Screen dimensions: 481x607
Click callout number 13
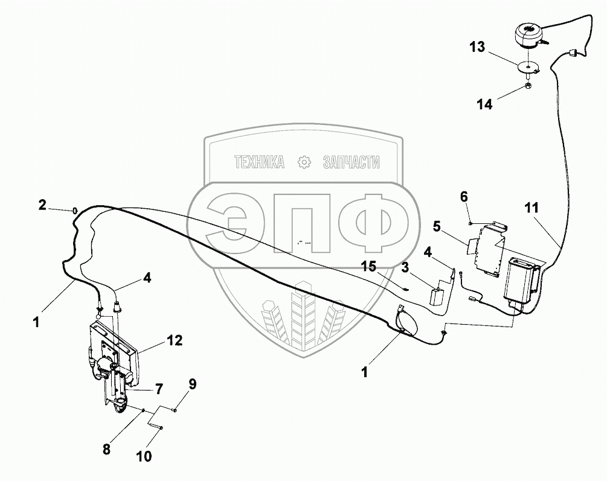(x=477, y=47)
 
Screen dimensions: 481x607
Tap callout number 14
(x=485, y=104)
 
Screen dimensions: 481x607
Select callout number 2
(x=42, y=205)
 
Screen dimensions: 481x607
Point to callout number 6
(x=464, y=196)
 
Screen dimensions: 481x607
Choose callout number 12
(x=174, y=342)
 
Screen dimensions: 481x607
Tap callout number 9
(x=192, y=383)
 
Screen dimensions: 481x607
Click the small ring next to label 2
(x=75, y=209)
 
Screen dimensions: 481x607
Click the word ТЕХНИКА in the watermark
(x=259, y=162)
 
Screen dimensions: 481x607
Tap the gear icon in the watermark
(x=304, y=162)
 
